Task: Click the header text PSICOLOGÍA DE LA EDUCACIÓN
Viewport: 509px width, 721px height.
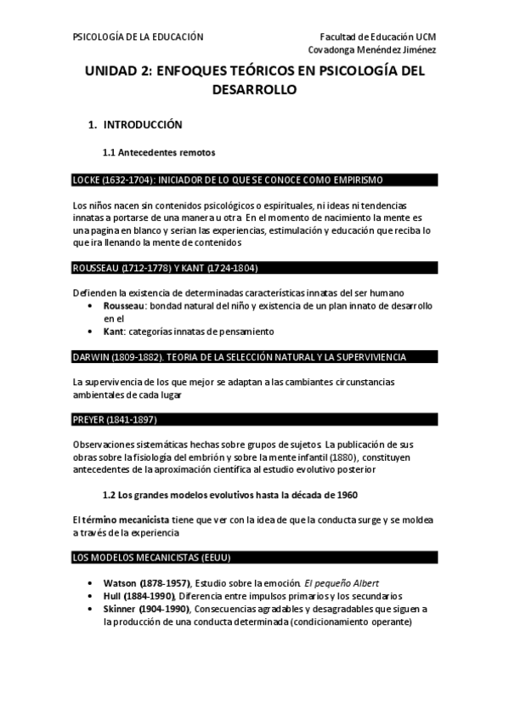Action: [x=138, y=37]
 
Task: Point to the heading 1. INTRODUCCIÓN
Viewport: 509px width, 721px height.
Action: [x=136, y=125]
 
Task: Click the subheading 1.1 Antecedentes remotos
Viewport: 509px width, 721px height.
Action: [x=159, y=153]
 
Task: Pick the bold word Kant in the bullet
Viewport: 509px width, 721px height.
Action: [x=116, y=331]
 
